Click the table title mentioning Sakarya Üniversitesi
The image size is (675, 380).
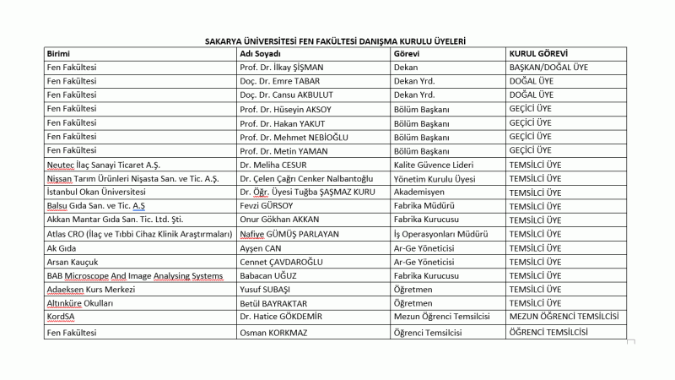pyautogui.click(x=336, y=40)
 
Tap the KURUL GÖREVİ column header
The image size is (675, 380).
pyautogui.click(x=541, y=53)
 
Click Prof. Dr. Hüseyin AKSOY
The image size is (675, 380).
pyautogui.click(x=288, y=109)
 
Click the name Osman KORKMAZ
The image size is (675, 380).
pyautogui.click(x=277, y=333)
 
